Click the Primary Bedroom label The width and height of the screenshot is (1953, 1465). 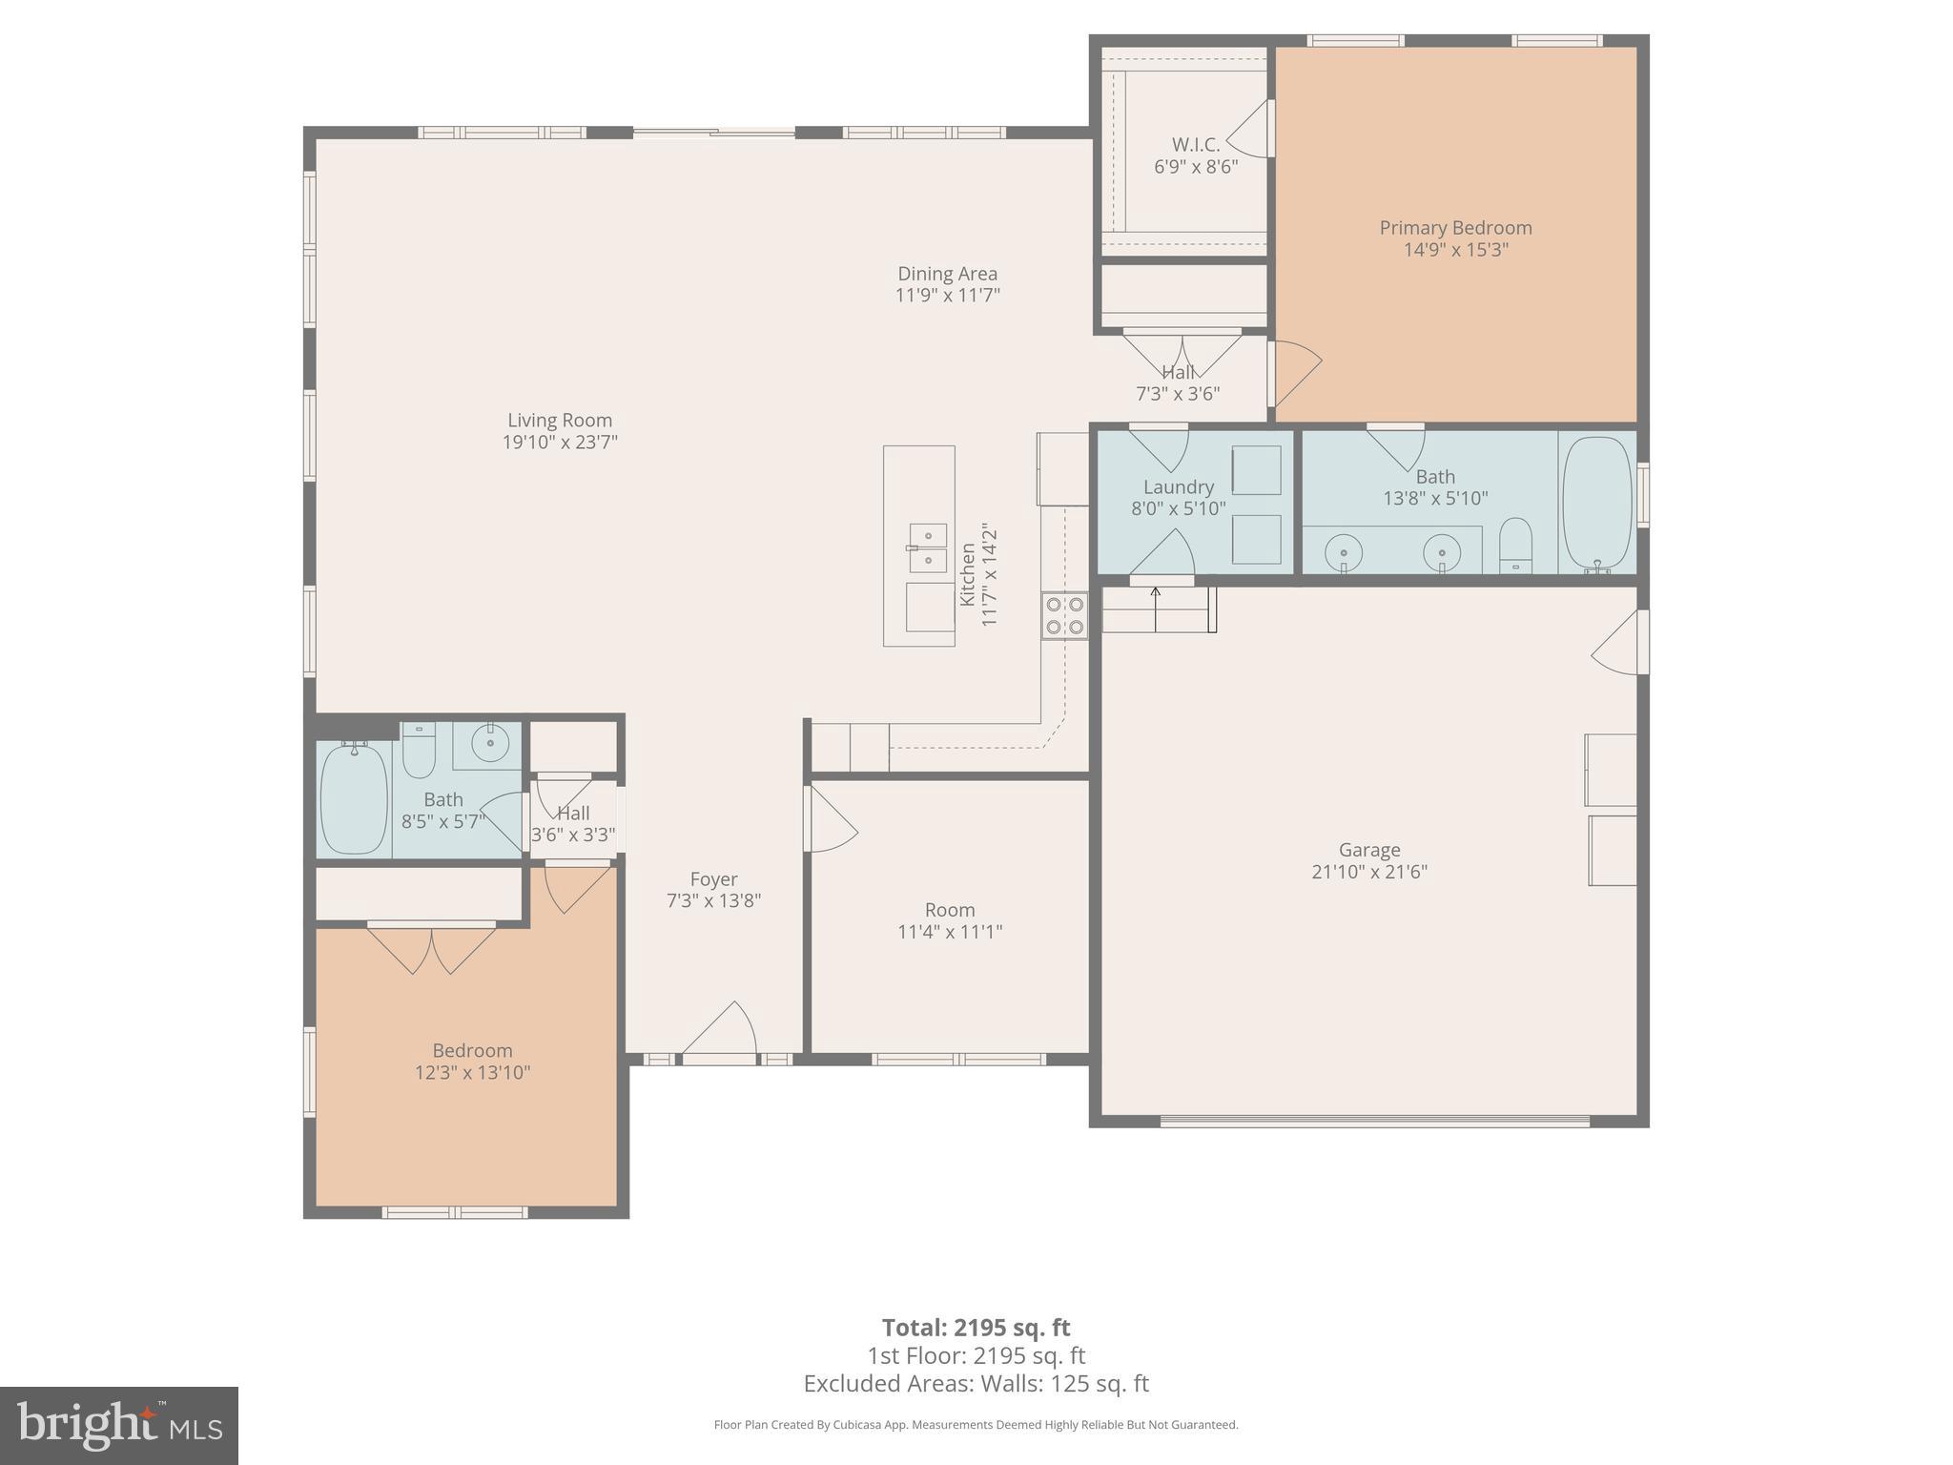click(x=1455, y=228)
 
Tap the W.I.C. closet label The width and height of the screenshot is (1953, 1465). click(x=1195, y=145)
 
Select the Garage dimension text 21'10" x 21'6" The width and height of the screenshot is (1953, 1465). click(x=1368, y=872)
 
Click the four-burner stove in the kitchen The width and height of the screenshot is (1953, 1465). click(x=1064, y=615)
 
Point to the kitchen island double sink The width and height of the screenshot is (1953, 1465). click(x=927, y=547)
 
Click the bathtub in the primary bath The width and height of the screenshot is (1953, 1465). click(x=1597, y=504)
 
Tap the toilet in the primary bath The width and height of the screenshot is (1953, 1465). click(x=1514, y=547)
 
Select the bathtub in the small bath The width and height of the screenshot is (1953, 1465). click(x=354, y=798)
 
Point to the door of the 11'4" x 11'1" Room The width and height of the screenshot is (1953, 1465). click(x=831, y=818)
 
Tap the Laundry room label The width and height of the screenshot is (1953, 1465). click(x=1178, y=487)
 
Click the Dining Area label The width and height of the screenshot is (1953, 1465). click(x=947, y=274)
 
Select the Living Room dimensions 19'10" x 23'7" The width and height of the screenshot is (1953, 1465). click(x=560, y=443)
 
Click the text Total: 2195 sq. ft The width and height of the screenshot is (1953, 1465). click(x=976, y=1328)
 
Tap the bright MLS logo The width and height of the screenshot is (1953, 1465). click(x=119, y=1425)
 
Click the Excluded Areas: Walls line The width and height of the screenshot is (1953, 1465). click(x=976, y=1384)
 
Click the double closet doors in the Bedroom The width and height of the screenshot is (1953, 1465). click(x=431, y=949)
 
